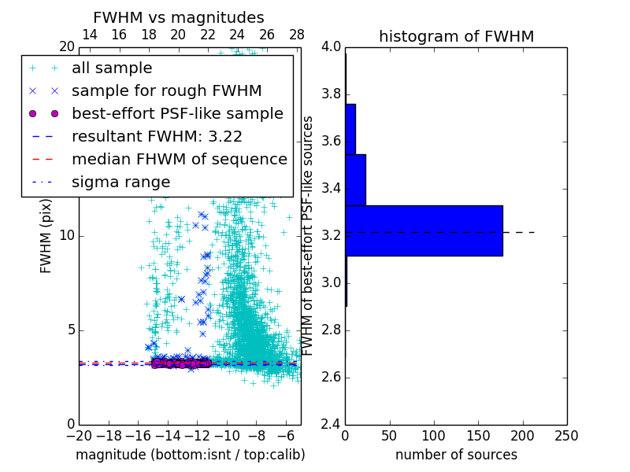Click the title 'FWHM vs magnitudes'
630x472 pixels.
(179, 17)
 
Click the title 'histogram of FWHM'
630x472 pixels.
(456, 36)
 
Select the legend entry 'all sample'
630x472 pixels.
(112, 68)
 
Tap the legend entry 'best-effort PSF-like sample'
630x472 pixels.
(177, 113)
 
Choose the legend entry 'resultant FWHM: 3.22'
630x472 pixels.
(157, 136)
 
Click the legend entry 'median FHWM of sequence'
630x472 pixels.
(179, 159)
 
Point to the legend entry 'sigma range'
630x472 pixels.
(120, 182)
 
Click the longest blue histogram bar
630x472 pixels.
(424, 230)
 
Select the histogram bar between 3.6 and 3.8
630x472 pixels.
(350, 129)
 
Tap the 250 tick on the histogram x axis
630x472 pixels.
(566, 436)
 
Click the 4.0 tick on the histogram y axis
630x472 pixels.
(332, 47)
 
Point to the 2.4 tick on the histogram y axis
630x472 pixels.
(332, 424)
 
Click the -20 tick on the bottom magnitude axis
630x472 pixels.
(79, 436)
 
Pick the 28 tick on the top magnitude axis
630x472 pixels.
(297, 35)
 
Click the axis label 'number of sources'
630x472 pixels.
(456, 455)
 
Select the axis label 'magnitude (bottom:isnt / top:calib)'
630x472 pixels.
(191, 455)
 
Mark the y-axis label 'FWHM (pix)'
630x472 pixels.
(46, 236)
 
